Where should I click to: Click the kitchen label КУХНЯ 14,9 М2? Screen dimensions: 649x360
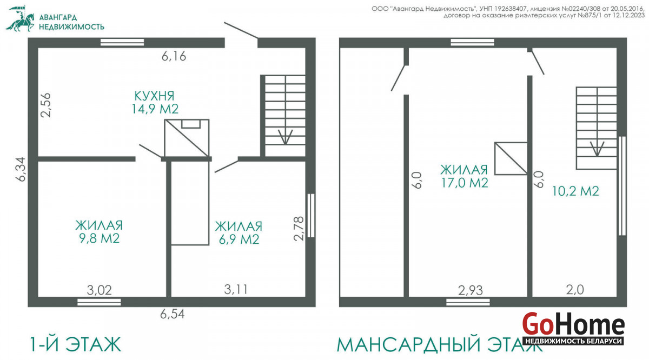click(x=155, y=103)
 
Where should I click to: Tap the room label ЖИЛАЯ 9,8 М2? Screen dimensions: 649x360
click(x=99, y=232)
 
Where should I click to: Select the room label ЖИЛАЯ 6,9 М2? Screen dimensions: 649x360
click(x=239, y=233)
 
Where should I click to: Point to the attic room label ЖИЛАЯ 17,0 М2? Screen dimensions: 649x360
click(x=464, y=176)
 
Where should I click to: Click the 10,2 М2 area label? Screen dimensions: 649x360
click(x=575, y=191)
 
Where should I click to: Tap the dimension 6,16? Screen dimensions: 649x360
click(x=174, y=56)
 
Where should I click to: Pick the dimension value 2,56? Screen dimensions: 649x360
click(x=45, y=105)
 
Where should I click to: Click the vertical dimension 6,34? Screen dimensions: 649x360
click(x=21, y=169)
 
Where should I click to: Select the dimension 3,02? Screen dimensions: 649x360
click(x=99, y=290)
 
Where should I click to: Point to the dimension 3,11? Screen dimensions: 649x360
click(x=236, y=289)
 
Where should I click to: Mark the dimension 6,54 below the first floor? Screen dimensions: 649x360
click(x=173, y=314)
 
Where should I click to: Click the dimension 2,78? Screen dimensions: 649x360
click(x=299, y=229)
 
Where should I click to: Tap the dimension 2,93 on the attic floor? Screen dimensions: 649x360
click(x=471, y=290)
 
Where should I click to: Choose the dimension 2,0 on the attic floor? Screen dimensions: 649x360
click(x=575, y=290)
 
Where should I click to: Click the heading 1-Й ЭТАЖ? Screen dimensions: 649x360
click(x=75, y=344)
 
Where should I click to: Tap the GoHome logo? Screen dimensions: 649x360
click(x=573, y=329)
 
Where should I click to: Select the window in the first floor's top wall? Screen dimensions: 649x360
click(x=122, y=42)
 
